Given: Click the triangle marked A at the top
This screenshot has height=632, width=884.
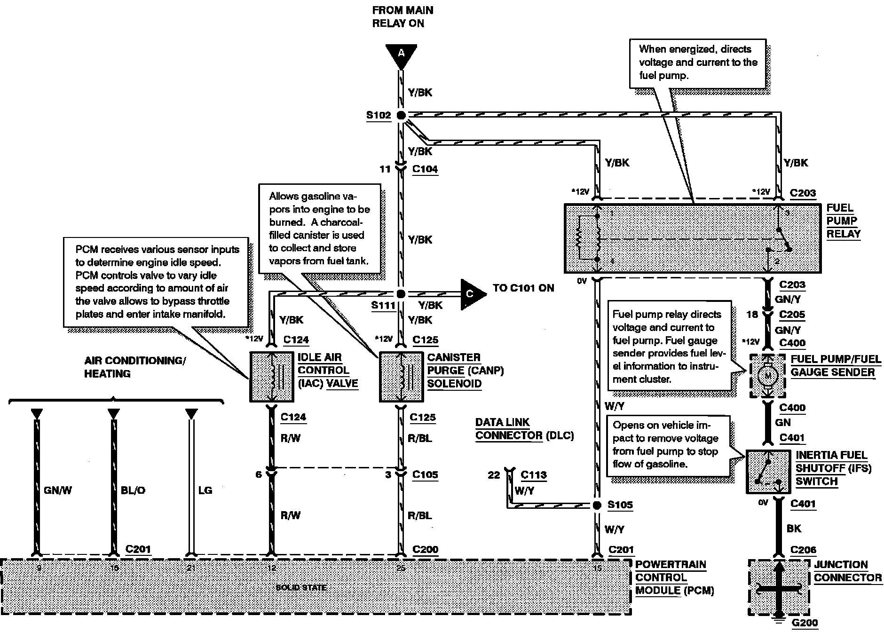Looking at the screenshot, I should (401, 54).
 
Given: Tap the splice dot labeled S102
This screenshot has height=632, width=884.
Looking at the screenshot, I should (401, 115).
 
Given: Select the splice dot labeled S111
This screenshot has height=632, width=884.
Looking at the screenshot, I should (401, 294).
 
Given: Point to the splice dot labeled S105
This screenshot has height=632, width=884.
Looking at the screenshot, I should (597, 506).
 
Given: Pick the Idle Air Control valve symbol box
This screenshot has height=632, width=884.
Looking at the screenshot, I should (272, 377).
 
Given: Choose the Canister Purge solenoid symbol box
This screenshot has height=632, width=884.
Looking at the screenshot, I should (401, 377).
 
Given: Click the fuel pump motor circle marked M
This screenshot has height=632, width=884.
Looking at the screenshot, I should (768, 376).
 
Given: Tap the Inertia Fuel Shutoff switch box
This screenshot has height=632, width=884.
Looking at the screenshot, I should (768, 472).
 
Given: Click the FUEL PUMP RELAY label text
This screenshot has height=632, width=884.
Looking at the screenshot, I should (844, 221).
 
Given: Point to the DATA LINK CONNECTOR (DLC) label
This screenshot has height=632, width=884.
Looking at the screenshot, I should (524, 429).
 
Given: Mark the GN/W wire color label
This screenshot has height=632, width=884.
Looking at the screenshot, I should (58, 490).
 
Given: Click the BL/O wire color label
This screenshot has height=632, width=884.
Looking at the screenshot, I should (133, 490).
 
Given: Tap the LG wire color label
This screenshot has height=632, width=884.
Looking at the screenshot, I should (205, 490).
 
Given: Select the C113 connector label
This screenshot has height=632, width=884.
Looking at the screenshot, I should (534, 475).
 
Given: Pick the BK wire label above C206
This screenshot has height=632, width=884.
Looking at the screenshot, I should (794, 529).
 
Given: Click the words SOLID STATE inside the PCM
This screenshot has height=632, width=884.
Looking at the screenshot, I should (301, 588).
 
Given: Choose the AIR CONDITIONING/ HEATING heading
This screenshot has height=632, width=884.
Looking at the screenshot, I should (135, 367).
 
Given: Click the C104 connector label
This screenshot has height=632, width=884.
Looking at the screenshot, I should (425, 169).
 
